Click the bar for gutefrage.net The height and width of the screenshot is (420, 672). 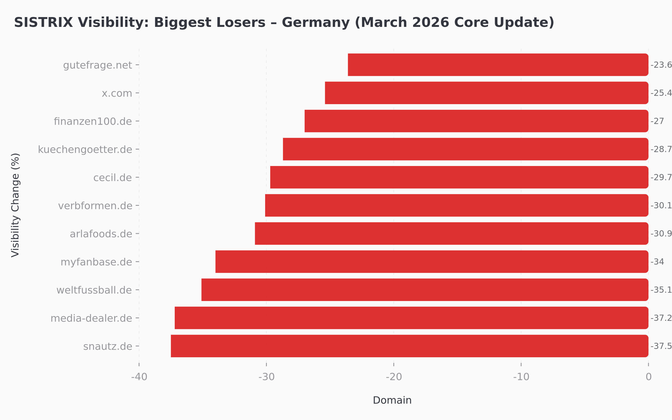coord(498,65)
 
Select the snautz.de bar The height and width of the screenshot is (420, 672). coord(409,346)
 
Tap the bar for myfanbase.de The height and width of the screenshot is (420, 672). coord(432,262)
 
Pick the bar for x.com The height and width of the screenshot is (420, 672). coord(486,93)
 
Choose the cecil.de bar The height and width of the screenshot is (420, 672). coord(459,177)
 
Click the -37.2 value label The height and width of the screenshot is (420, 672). coord(661,318)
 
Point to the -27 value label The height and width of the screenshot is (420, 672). coord(657,121)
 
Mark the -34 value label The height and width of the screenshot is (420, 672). coord(657,262)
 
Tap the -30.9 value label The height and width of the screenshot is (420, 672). coord(661,234)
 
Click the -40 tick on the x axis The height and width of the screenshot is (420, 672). coord(139,377)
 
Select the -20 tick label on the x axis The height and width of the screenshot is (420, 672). coord(394,377)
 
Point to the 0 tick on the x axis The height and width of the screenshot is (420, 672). coord(648,377)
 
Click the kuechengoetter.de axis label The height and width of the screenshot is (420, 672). coord(85,150)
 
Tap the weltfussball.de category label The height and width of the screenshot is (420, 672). coord(94,290)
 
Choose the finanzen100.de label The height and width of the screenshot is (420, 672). coord(93,121)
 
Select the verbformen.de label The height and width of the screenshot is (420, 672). coord(95,206)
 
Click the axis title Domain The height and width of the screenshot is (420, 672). coord(392,400)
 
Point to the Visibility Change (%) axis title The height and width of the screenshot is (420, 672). coord(15,205)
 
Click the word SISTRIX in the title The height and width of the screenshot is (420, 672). coord(43,22)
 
